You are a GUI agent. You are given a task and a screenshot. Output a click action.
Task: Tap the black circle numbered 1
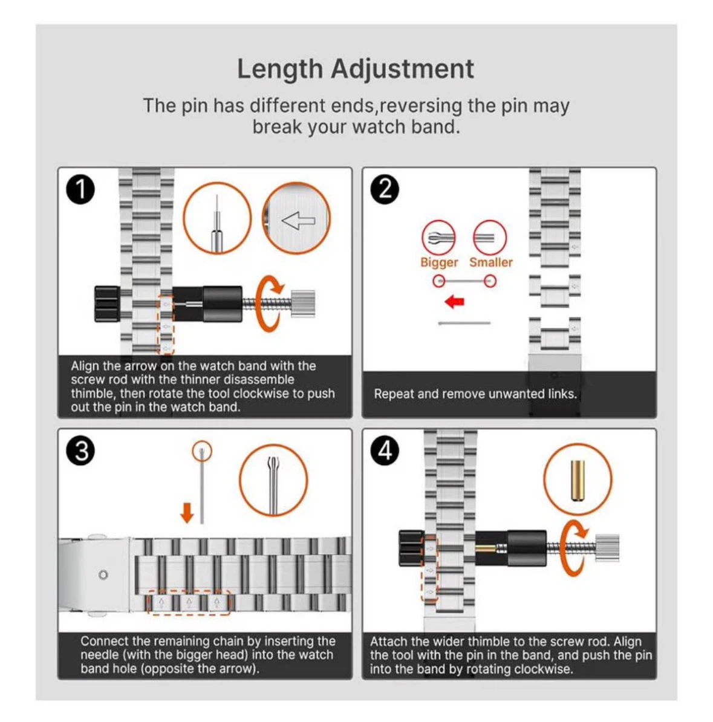[x=80, y=189]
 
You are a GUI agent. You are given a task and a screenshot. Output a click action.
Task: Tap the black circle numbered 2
[x=385, y=189]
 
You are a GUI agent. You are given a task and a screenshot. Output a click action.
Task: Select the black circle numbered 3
[x=80, y=450]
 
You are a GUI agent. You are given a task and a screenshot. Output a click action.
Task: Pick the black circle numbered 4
[x=385, y=450]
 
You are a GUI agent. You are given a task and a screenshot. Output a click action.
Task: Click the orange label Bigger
[x=439, y=262]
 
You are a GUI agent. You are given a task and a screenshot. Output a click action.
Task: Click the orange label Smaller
[x=491, y=262]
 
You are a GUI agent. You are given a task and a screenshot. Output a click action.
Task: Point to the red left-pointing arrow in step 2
[x=455, y=302]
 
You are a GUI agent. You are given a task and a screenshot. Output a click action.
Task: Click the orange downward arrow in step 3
[x=187, y=513]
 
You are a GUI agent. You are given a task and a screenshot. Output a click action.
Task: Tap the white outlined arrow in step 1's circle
[x=299, y=221]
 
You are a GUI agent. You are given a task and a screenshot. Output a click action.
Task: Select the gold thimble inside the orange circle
[x=578, y=480]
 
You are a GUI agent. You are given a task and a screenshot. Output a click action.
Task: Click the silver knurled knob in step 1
[x=304, y=304]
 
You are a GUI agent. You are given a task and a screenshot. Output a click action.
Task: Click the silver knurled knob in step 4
[x=608, y=548]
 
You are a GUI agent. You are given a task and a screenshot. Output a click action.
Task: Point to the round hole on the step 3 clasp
[x=103, y=574]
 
